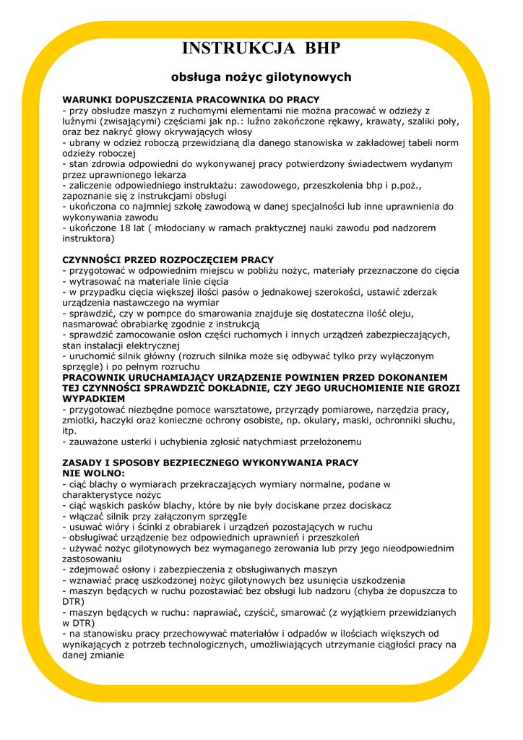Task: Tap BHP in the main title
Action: coord(322,49)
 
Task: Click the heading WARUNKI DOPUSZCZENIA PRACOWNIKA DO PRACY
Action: coord(191,100)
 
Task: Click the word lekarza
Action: coord(166,174)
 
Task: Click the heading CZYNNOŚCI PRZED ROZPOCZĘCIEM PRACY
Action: coord(168,259)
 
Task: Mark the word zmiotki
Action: coord(81,420)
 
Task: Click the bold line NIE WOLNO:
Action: coord(94,473)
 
